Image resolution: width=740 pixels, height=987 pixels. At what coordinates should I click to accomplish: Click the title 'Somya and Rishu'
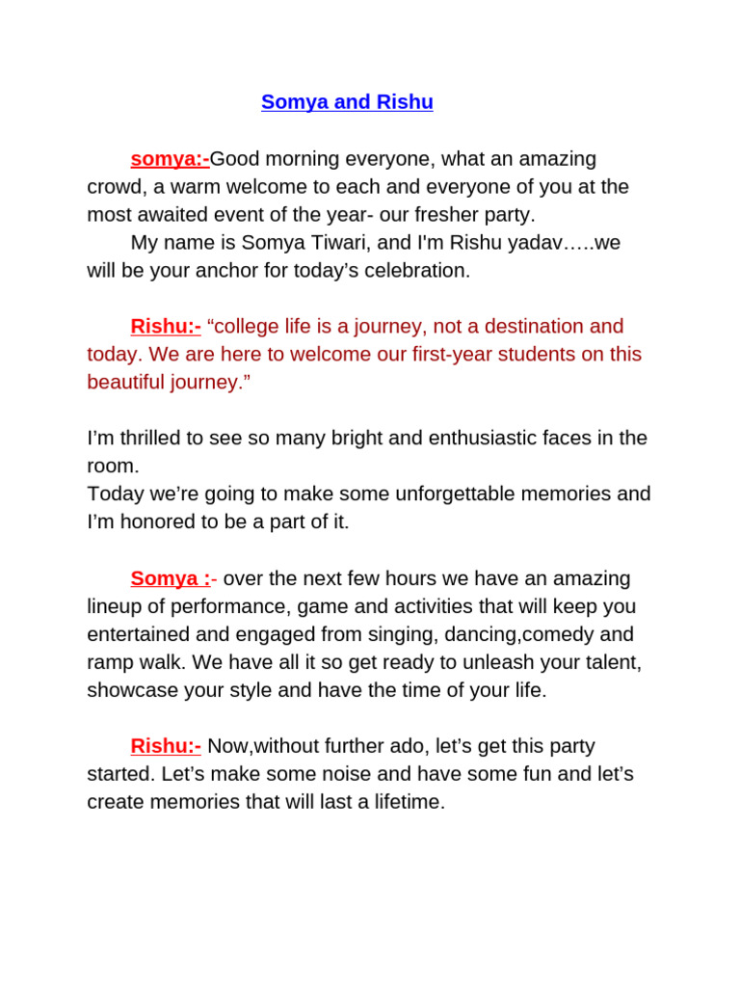pos(347,102)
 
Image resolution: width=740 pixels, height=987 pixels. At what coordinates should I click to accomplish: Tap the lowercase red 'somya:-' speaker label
pos(170,158)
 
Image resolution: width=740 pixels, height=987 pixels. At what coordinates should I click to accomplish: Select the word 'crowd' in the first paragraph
pos(114,186)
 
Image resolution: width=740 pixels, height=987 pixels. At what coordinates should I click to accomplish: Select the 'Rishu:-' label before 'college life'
pos(166,326)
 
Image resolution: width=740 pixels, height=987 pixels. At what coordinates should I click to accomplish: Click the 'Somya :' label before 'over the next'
pos(171,578)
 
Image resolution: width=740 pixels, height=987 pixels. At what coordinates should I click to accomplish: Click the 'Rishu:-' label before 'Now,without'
pos(166,746)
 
